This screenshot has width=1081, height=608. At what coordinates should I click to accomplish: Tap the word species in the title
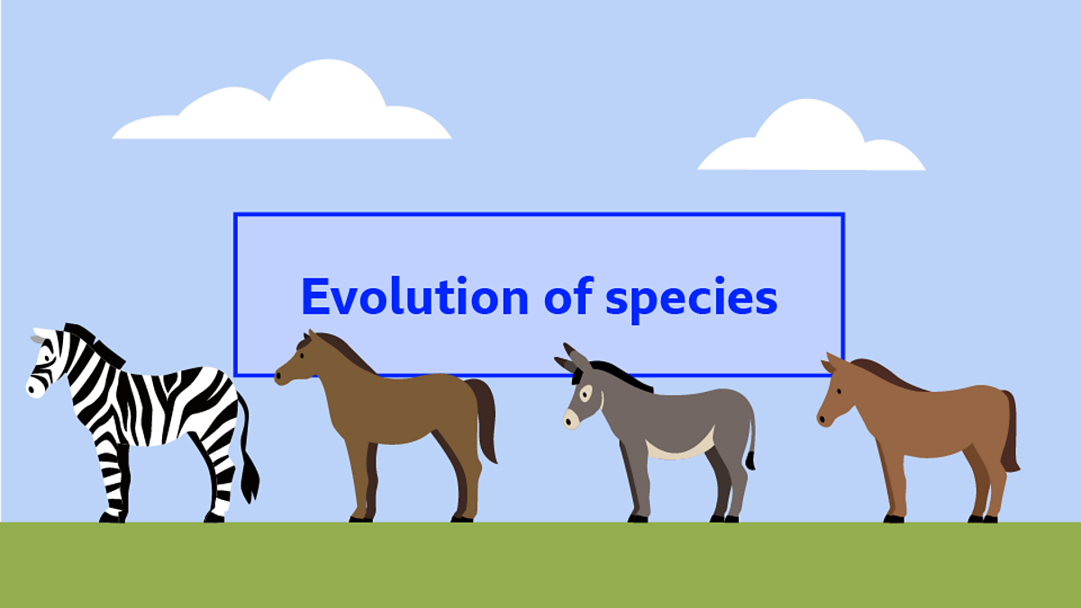point(691,298)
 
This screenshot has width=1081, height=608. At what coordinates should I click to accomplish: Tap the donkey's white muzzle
point(571,418)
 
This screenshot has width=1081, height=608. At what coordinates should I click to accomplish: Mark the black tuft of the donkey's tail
point(749,460)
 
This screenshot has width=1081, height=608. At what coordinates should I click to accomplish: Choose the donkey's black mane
point(622,374)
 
